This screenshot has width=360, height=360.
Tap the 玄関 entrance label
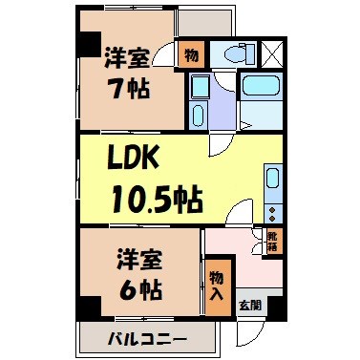[x=249, y=306]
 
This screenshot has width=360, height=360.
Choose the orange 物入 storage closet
[x=217, y=285]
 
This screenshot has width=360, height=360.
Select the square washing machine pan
[x=200, y=87]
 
